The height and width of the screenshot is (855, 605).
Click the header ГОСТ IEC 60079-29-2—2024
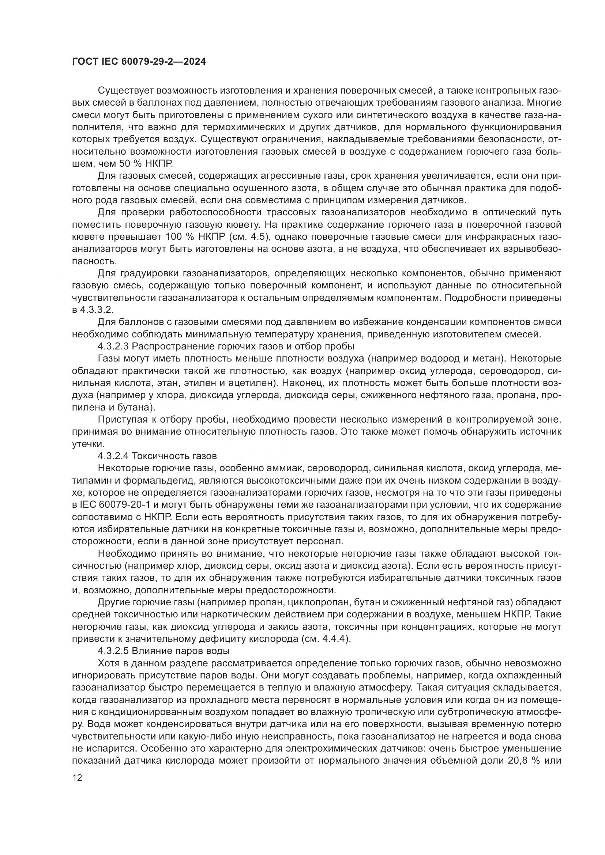point(139,62)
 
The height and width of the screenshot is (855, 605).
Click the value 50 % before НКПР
point(130,163)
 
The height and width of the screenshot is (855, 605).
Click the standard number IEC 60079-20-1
point(114,504)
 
